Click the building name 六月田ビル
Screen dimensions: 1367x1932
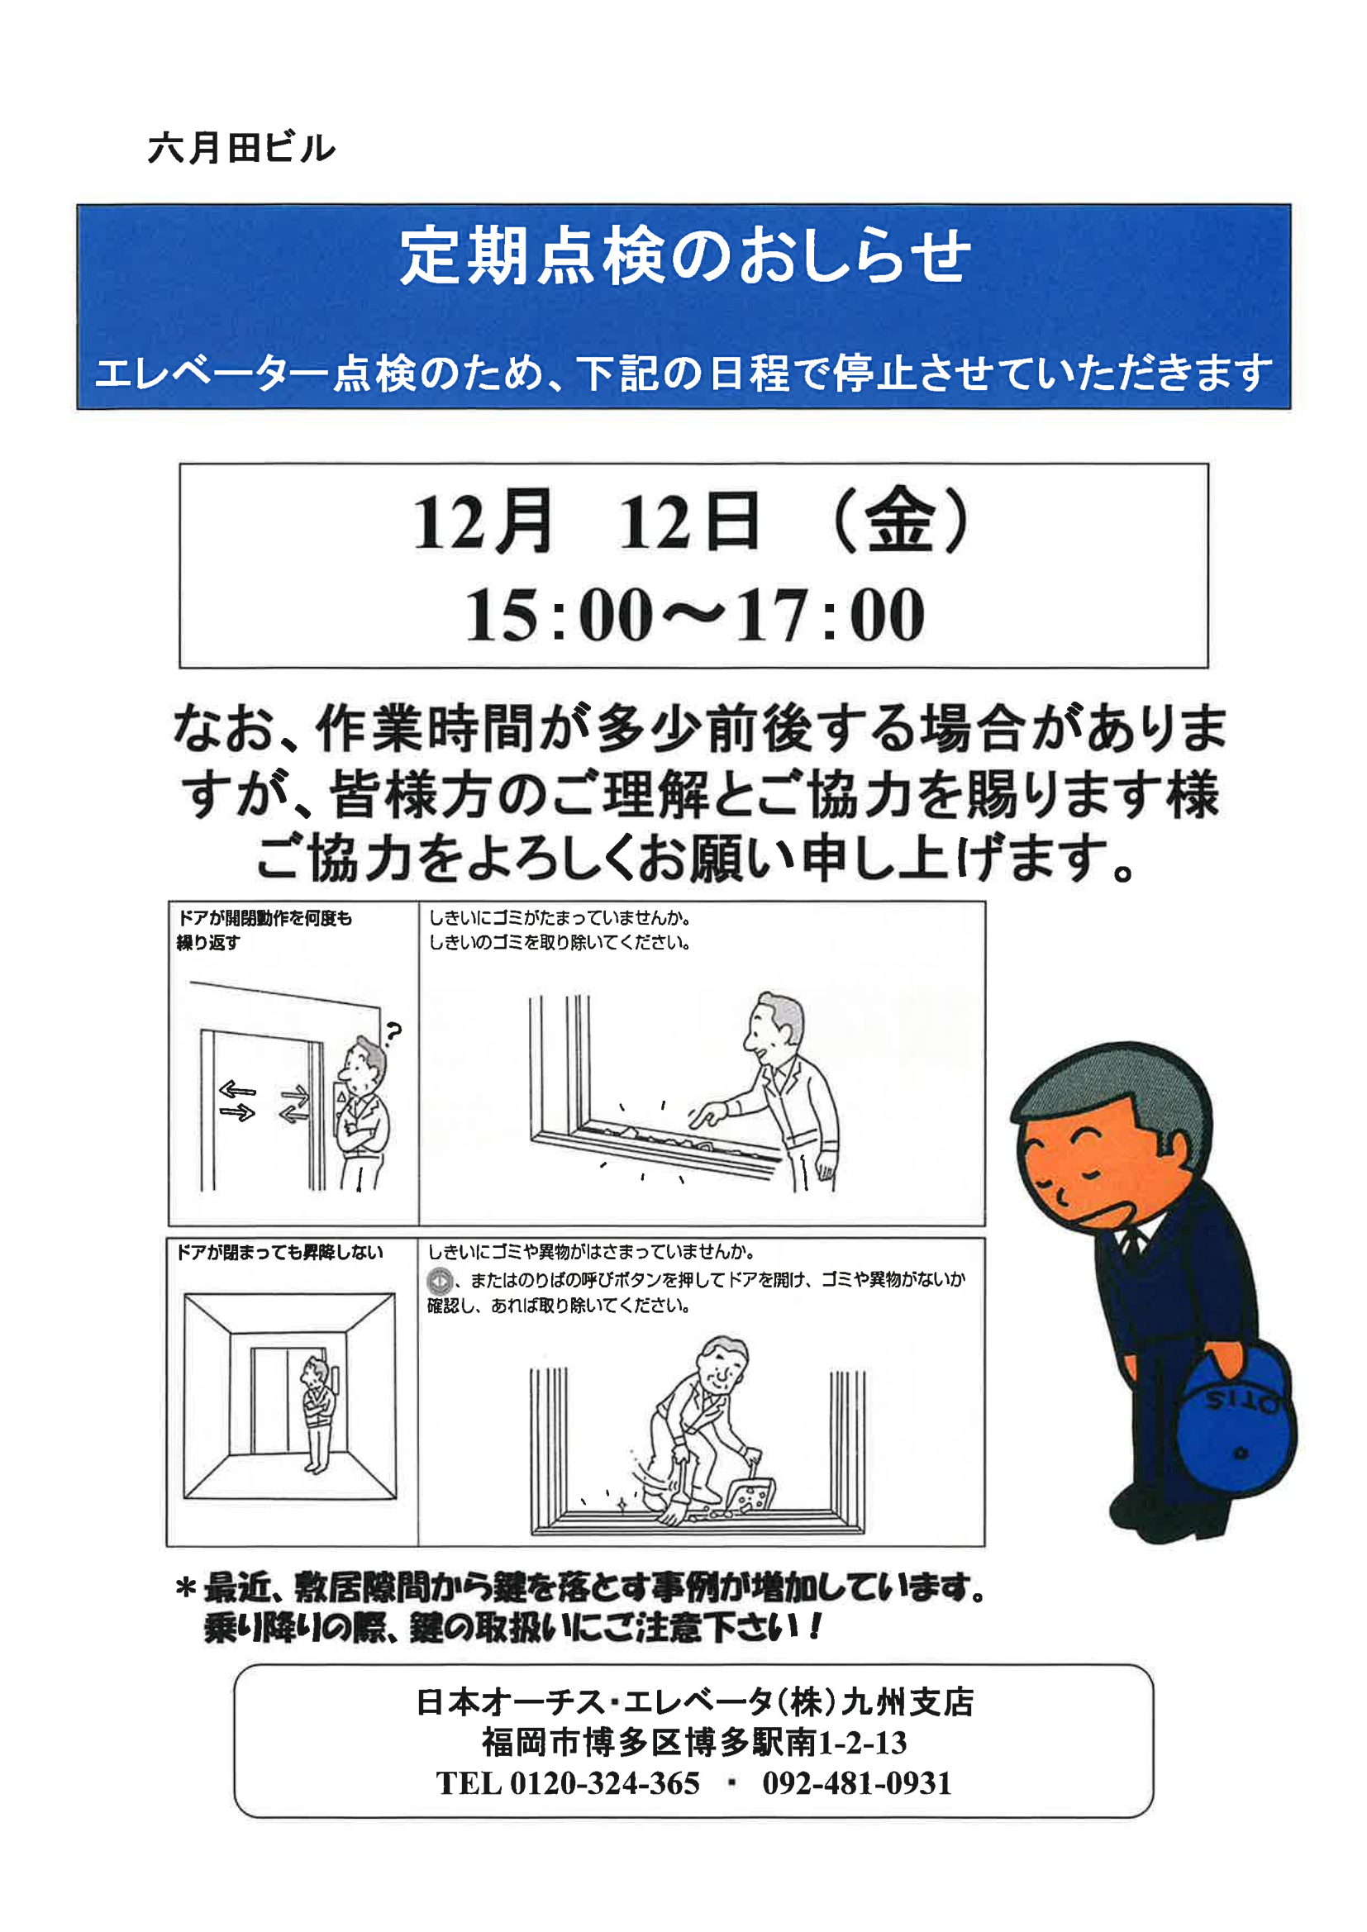(241, 148)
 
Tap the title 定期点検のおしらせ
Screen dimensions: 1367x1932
(684, 256)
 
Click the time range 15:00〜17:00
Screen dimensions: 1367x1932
(695, 614)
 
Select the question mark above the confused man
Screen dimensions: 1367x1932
(393, 1030)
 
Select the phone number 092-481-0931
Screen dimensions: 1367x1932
(857, 1783)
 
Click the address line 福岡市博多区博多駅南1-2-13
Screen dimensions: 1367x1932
(694, 1743)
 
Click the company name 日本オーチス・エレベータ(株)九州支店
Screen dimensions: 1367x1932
(694, 1702)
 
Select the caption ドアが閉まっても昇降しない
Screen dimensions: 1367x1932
(279, 1254)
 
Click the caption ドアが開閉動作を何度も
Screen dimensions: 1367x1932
(264, 918)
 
